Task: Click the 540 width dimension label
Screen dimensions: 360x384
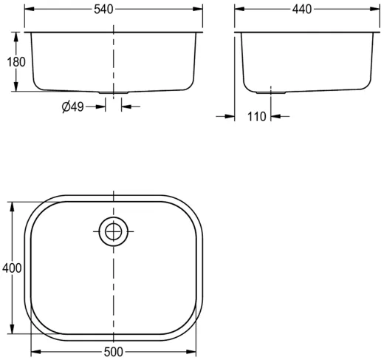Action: (114, 9)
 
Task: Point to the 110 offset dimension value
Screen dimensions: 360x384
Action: (256, 116)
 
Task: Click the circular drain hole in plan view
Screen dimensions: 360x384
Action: (114, 231)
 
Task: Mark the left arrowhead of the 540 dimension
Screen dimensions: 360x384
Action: (28, 9)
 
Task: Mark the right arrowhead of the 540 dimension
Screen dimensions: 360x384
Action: (199, 9)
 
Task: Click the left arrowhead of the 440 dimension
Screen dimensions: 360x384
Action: (239, 9)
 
